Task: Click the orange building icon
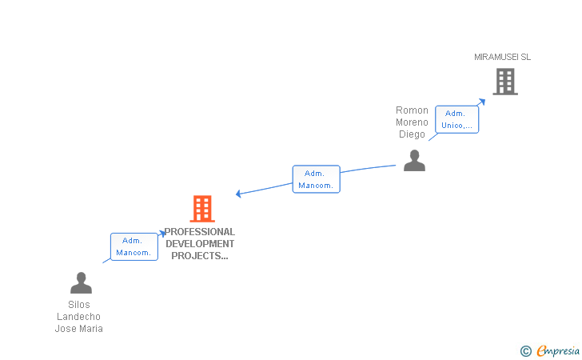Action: [202, 209]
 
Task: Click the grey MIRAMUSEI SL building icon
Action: [504, 81]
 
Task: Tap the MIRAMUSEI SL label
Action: [502, 57]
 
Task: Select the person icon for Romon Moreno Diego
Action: [414, 161]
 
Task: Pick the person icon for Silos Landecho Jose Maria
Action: [81, 283]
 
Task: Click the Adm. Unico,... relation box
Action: [457, 119]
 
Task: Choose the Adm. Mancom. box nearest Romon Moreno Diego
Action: [316, 179]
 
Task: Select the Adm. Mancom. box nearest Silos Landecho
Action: [134, 246]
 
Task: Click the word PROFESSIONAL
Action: [200, 232]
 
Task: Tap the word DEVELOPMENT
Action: [200, 244]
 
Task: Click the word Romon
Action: [413, 110]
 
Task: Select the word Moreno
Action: [413, 122]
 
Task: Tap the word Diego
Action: [413, 134]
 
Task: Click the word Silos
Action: [79, 305]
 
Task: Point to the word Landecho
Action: [79, 317]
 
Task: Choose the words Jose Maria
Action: [79, 329]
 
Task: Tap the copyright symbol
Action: [525, 350]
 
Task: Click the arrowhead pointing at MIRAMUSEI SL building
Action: [482, 102]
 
